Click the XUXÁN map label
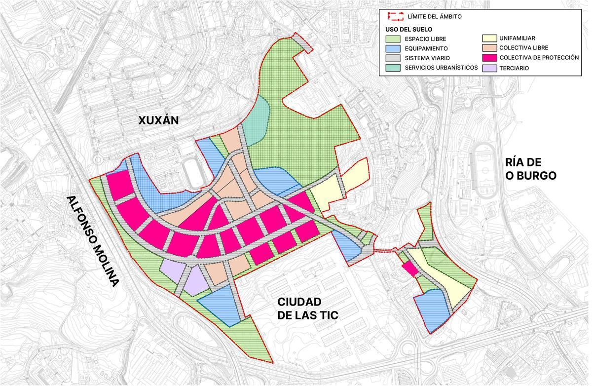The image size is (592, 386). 158,120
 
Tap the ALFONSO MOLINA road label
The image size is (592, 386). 94,241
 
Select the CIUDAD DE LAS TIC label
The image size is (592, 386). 307,309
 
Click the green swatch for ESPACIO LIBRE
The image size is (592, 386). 394,39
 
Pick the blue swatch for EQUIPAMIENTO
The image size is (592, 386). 394,48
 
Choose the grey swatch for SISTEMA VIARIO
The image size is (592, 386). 394,58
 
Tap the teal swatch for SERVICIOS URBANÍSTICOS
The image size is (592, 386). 394,68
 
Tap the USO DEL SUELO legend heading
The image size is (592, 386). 409,29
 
